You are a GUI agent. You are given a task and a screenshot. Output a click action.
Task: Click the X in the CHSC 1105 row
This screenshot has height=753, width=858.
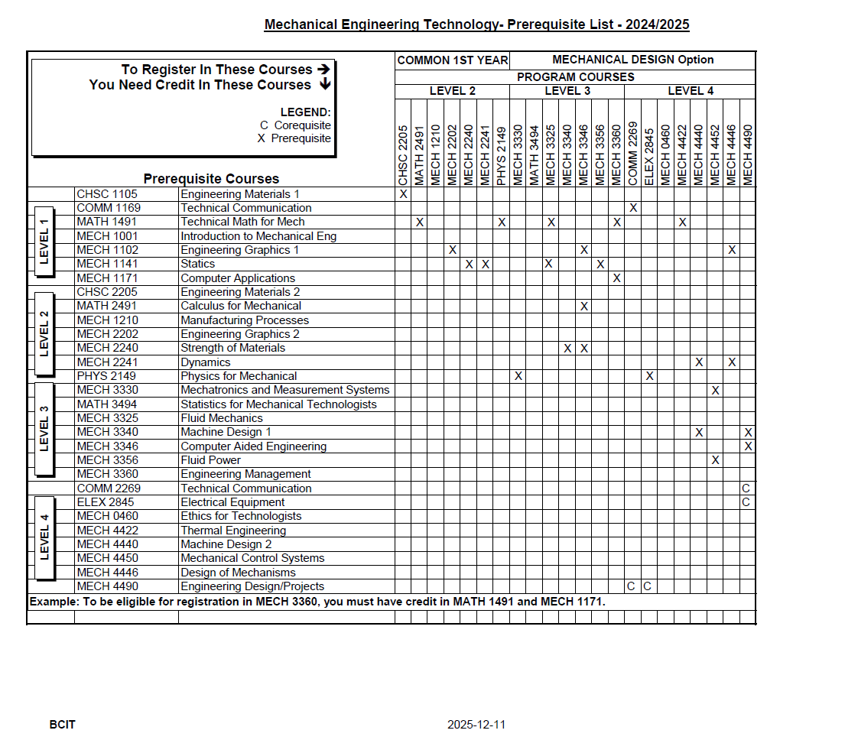click(x=403, y=194)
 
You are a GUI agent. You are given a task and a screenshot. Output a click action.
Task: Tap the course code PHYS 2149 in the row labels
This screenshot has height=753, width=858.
click(x=106, y=376)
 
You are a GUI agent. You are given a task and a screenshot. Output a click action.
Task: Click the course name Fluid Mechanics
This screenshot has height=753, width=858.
click(x=221, y=418)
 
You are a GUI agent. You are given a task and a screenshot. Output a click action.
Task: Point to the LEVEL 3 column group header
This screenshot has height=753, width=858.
click(x=567, y=91)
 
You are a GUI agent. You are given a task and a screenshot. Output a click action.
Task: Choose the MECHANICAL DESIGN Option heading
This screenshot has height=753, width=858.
click(x=632, y=60)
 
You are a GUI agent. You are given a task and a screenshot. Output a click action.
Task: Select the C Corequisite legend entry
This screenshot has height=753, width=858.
click(x=295, y=125)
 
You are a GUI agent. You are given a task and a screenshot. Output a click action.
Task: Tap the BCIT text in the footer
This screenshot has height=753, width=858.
click(x=63, y=724)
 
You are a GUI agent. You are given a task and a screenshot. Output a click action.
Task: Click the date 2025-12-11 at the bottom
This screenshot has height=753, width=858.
click(x=476, y=724)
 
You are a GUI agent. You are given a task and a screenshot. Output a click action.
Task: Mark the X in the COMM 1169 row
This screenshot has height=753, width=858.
click(x=633, y=208)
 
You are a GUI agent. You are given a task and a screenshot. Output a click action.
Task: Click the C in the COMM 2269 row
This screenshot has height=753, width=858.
click(x=747, y=488)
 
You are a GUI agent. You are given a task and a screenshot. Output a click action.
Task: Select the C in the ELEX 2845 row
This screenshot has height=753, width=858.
click(x=747, y=502)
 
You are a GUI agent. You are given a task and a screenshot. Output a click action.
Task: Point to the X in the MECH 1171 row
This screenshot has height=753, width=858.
click(x=616, y=278)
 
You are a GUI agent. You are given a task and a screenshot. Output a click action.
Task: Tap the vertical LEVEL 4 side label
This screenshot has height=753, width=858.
click(x=44, y=537)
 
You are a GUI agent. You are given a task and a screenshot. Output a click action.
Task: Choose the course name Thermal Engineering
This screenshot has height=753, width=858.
click(x=233, y=531)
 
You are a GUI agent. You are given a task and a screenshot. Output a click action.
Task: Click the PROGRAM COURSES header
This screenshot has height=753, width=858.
click(x=575, y=77)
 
